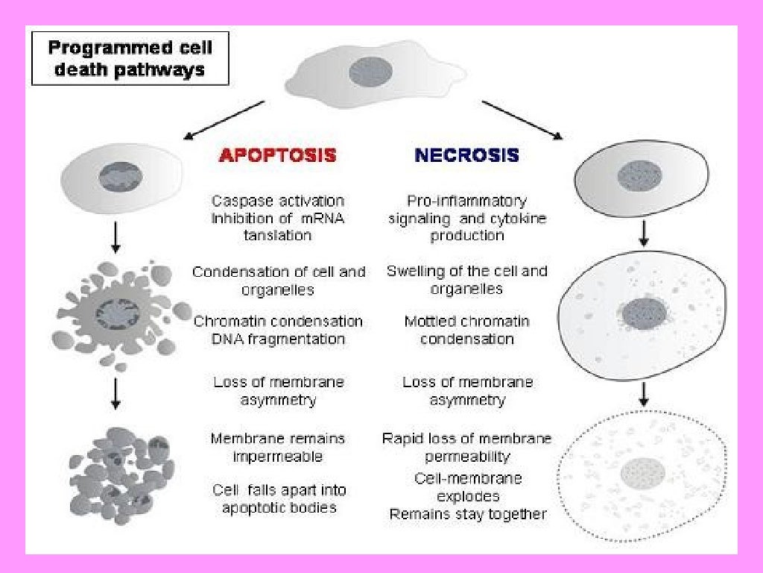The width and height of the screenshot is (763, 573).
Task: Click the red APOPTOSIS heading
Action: tap(278, 155)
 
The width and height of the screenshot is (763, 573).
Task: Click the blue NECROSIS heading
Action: tap(466, 155)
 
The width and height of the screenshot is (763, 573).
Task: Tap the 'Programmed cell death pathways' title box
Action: tap(130, 59)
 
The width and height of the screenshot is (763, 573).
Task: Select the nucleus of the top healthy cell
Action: tap(366, 72)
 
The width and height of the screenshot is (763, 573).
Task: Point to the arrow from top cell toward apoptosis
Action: tap(224, 120)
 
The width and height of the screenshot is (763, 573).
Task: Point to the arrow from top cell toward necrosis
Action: tap(522, 119)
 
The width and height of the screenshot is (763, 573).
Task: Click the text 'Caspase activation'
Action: tap(277, 201)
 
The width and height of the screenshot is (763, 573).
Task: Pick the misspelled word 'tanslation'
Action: tap(278, 235)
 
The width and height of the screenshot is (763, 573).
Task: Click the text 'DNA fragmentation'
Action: tap(278, 339)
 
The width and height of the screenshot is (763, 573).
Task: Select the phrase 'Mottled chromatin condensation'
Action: tap(467, 330)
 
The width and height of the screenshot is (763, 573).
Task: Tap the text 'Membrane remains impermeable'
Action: tap(278, 447)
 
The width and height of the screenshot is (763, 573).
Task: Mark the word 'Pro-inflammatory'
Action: tap(467, 201)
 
